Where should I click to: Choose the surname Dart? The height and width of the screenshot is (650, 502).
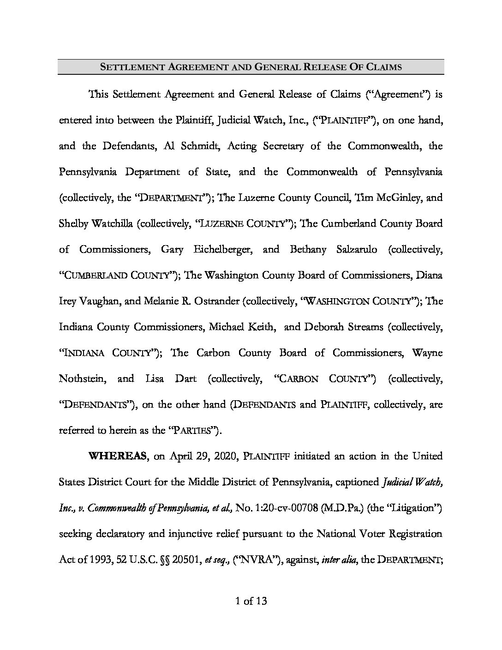186,379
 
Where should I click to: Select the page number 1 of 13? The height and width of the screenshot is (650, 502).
251,601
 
